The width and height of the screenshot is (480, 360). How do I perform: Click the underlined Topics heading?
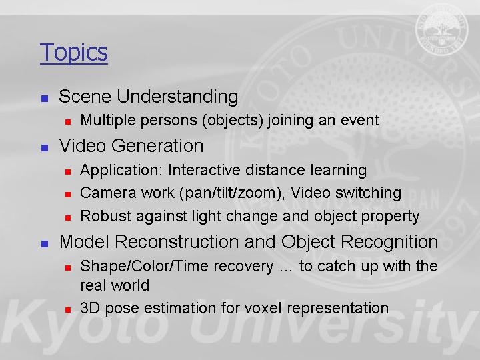(x=74, y=53)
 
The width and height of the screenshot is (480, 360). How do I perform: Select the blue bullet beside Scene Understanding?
(x=45, y=98)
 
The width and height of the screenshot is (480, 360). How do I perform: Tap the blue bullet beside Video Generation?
(x=45, y=148)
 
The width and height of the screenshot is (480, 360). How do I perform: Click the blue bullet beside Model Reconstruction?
(x=45, y=244)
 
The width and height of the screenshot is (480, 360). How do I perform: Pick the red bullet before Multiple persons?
(x=68, y=122)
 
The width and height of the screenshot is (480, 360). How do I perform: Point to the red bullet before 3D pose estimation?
(x=68, y=310)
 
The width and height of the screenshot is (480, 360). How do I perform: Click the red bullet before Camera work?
(x=68, y=195)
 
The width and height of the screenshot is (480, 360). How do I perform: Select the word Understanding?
(x=177, y=97)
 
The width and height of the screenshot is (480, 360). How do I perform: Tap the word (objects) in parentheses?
(x=233, y=120)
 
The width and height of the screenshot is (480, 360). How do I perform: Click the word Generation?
(x=157, y=146)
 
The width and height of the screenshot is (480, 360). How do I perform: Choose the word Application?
(x=121, y=171)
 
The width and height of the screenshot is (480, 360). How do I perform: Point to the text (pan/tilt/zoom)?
(x=232, y=193)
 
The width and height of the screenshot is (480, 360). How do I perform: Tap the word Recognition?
(x=389, y=243)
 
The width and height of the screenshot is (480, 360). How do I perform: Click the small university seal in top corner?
(x=442, y=30)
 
